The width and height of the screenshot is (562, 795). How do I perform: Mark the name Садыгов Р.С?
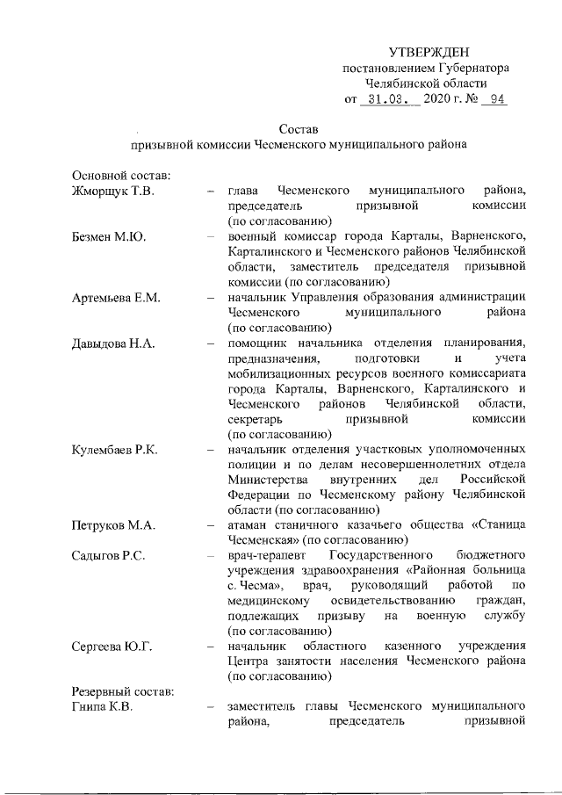point(111,556)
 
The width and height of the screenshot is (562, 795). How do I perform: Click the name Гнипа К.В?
point(103,709)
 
